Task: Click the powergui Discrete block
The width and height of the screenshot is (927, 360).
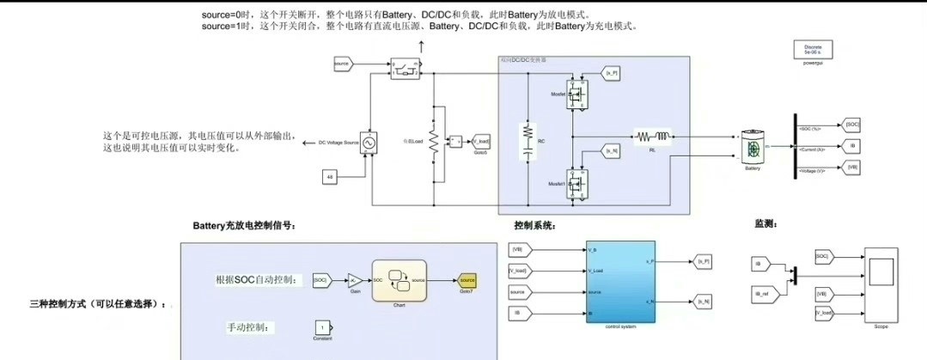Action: click(x=812, y=49)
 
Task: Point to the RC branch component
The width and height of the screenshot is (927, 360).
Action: click(x=528, y=141)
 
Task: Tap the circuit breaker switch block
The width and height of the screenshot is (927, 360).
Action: click(x=404, y=68)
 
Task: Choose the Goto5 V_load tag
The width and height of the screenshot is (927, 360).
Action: click(x=481, y=141)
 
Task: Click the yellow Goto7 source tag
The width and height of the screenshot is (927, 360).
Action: click(x=467, y=280)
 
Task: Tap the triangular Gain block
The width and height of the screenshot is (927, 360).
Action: click(x=354, y=280)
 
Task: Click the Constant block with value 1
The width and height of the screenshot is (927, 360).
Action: click(x=321, y=328)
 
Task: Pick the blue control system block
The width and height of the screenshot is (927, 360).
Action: click(x=619, y=282)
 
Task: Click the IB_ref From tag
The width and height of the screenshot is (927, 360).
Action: click(x=762, y=295)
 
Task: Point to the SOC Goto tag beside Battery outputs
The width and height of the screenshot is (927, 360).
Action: click(x=851, y=125)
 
